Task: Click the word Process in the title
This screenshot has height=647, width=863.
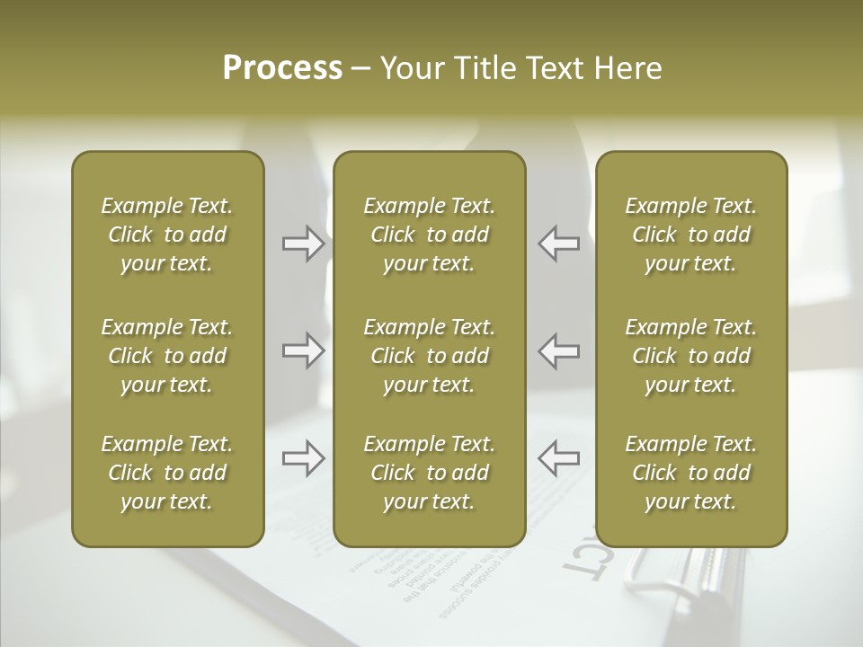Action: point(282,68)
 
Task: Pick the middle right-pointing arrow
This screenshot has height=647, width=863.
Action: point(304,350)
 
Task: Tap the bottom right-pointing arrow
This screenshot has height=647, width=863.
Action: point(304,459)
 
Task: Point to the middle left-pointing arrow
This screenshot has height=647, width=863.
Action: point(558,350)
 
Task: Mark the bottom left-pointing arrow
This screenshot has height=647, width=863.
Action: point(558,459)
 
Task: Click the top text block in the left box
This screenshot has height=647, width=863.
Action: point(167,235)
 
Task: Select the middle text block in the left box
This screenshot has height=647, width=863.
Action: point(167,356)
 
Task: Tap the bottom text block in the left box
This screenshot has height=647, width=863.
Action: point(167,473)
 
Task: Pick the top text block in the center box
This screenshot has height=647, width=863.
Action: point(430,235)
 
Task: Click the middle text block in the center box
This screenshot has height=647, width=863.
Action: point(430,356)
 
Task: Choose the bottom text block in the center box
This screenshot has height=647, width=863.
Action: point(430,473)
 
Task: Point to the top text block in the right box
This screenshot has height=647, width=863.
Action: point(691,235)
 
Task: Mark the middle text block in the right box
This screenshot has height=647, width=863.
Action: point(691,356)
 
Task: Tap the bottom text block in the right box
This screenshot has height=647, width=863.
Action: point(691,473)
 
